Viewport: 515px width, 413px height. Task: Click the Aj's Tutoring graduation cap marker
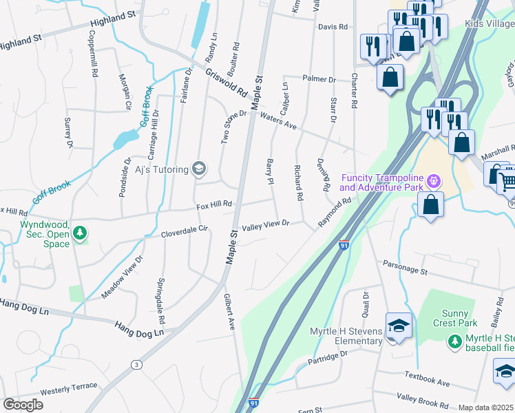pos(199,169)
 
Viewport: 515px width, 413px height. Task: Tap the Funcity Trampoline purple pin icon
pos(432,182)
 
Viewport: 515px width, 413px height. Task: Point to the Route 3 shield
pos(137,364)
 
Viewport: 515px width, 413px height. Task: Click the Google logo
pos(23,405)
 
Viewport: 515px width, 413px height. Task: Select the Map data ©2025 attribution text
pos(486,407)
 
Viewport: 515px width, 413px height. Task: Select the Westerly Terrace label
pos(68,391)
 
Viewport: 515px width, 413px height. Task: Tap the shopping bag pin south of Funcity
pos(430,204)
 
